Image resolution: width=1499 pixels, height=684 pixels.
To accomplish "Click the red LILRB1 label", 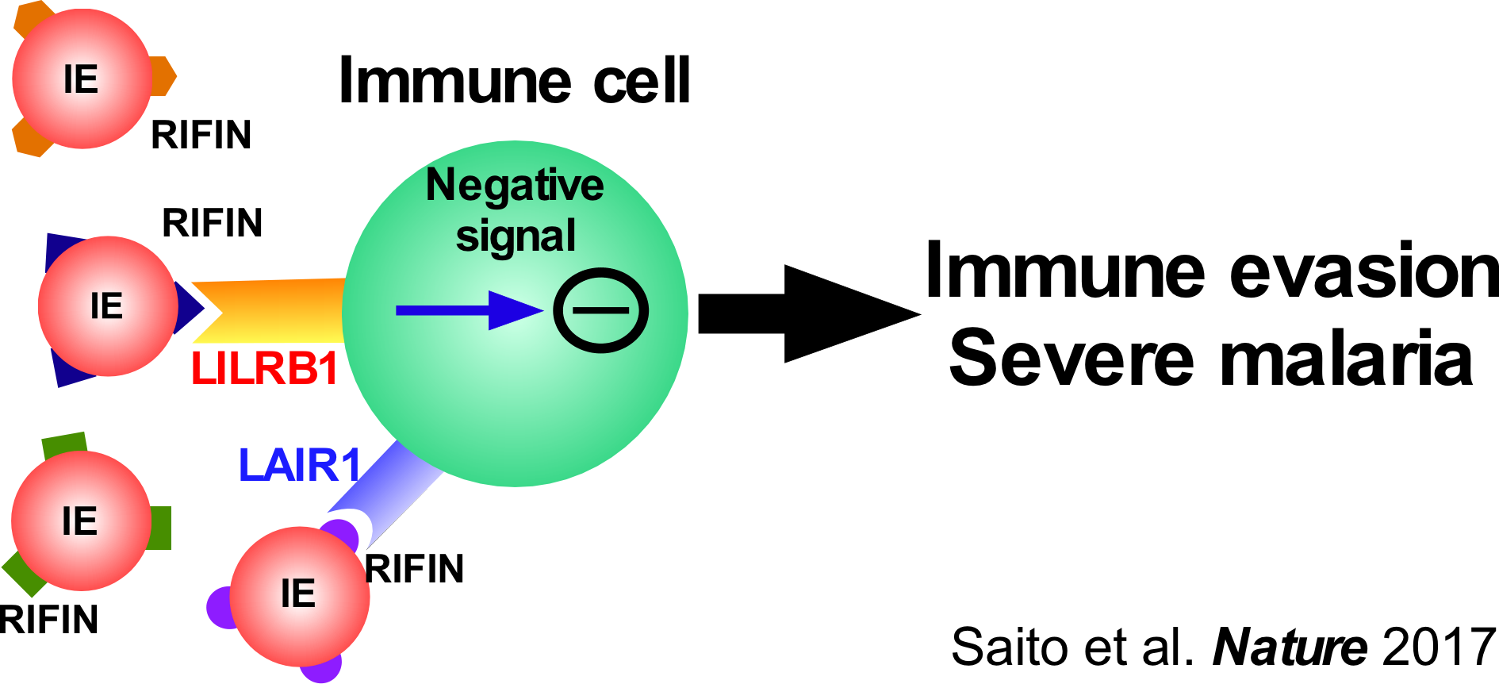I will [x=265, y=369].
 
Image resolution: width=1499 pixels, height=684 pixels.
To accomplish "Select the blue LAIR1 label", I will [x=301, y=466].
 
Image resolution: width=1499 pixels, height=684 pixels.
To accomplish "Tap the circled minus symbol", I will [x=601, y=310].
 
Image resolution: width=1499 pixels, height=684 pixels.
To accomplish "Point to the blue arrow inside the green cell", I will [x=468, y=310].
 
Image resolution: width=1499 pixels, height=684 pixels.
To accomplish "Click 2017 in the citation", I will [x=1439, y=647].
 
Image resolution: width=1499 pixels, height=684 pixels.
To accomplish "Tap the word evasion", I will [x=1364, y=272].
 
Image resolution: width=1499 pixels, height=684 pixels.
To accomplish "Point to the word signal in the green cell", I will [x=516, y=236].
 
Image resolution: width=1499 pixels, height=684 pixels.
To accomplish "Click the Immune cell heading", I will [x=514, y=81].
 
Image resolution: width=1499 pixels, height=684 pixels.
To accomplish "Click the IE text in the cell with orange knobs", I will [x=81, y=80].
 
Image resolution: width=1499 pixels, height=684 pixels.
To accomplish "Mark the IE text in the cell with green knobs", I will [x=79, y=521].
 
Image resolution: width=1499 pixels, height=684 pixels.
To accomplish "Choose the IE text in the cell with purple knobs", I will [x=298, y=594].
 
